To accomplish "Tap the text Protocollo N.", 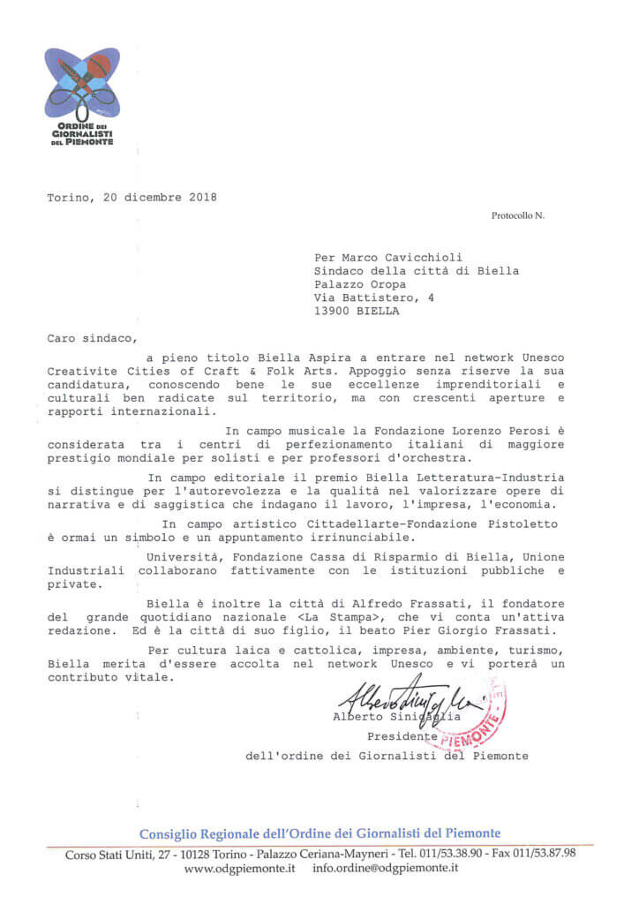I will click(x=518, y=215).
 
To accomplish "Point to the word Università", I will click(x=182, y=557).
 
